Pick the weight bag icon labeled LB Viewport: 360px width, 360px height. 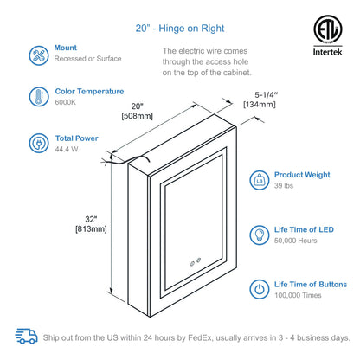259,180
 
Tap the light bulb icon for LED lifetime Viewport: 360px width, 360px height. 259,235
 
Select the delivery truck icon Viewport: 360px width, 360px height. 29,337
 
